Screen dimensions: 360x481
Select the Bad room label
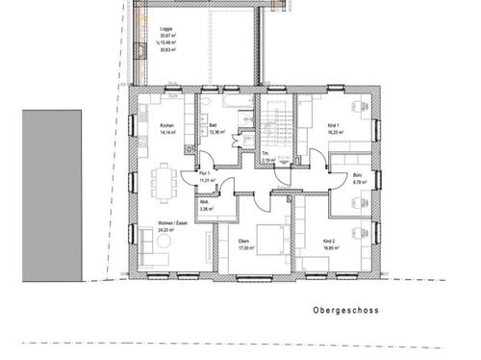pos(212,126)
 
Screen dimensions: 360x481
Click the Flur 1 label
pos(205,174)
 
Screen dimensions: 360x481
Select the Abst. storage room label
pos(204,201)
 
